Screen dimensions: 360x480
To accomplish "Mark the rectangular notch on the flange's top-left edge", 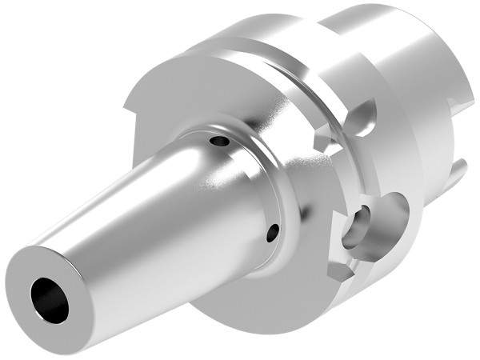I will pos(130,102).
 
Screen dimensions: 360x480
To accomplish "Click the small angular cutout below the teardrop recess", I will pos(324,144).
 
